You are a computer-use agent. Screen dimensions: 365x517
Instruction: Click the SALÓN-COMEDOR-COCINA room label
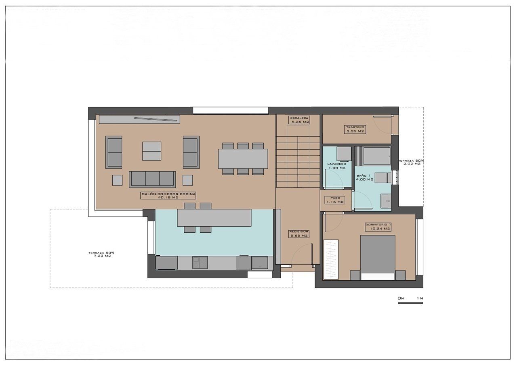(x=168, y=196)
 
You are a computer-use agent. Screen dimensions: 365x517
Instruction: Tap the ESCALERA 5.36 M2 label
(x=299, y=120)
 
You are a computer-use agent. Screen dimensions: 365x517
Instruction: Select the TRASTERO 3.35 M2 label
(x=355, y=129)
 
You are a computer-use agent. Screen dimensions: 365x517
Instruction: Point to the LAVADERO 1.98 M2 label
(x=336, y=166)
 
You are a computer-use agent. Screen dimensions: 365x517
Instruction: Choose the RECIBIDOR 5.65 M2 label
(x=298, y=234)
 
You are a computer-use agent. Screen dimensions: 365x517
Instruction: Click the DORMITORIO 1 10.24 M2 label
(x=378, y=226)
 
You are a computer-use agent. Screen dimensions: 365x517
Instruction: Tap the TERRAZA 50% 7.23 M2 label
(x=101, y=254)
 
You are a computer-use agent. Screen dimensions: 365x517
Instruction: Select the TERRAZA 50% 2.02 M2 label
(x=411, y=162)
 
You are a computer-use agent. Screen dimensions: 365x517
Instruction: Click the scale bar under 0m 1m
(x=410, y=303)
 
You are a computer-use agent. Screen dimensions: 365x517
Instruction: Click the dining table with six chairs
(x=243, y=159)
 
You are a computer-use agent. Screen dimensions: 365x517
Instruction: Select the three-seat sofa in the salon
(x=152, y=179)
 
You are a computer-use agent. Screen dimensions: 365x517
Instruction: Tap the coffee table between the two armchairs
(x=151, y=151)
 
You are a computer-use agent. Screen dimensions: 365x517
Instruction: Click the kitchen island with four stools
(x=214, y=218)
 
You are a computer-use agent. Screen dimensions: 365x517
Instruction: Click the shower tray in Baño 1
(x=376, y=156)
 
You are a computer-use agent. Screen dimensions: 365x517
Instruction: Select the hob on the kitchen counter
(x=200, y=263)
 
